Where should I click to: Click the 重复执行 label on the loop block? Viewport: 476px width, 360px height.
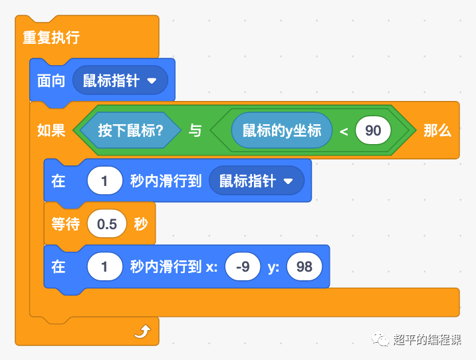51,37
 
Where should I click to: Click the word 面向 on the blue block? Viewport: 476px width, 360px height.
51,81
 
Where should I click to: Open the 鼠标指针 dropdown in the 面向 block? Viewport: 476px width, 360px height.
120,81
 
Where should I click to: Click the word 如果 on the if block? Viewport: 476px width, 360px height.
51,131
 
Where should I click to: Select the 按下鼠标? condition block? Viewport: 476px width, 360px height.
130,131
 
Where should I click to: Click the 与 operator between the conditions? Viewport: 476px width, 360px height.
195,131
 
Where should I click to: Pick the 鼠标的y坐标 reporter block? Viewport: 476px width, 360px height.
282,130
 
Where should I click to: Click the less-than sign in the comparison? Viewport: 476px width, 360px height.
344,131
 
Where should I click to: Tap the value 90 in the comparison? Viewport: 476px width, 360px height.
373,130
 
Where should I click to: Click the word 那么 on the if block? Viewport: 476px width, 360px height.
437,131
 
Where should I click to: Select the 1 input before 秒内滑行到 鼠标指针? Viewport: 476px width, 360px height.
105,181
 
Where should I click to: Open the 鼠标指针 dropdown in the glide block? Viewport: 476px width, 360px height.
256,181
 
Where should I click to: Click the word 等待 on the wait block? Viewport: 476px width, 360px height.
66,224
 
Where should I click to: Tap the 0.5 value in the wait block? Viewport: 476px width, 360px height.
107,224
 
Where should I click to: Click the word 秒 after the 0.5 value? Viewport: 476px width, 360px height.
141,224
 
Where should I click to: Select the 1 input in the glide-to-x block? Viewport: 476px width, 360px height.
105,267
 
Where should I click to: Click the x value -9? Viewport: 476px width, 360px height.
243,267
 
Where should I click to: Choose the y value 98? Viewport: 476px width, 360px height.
304,267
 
